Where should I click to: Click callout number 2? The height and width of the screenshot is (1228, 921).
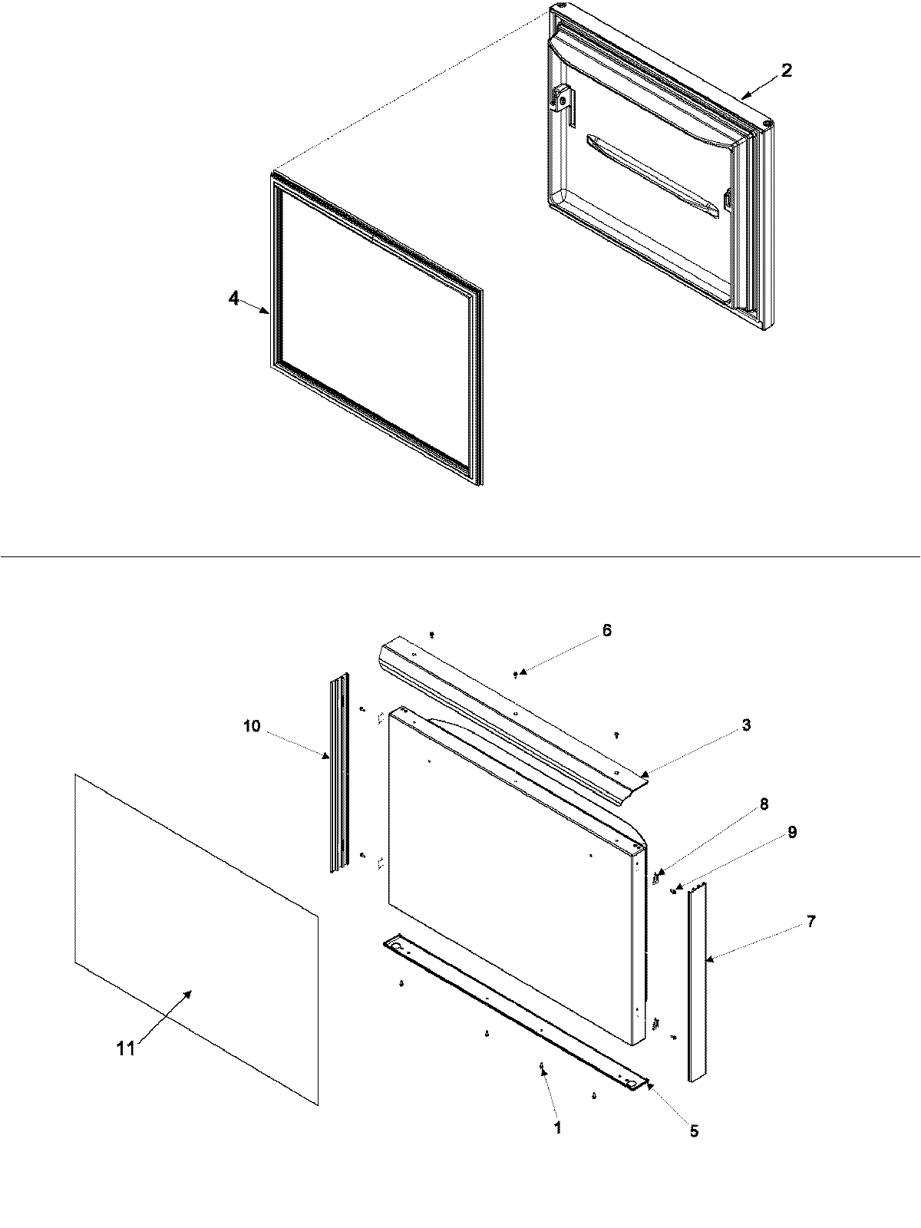pyautogui.click(x=787, y=70)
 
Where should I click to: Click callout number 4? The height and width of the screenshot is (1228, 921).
pyautogui.click(x=233, y=298)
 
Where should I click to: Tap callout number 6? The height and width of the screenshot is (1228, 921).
pyautogui.click(x=606, y=630)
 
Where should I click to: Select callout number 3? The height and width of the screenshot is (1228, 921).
pyautogui.click(x=746, y=725)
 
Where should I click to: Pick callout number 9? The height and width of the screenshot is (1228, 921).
pyautogui.click(x=792, y=832)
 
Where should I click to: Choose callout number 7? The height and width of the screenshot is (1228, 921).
pyautogui.click(x=811, y=921)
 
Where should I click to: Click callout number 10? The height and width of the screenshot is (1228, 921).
pyautogui.click(x=253, y=725)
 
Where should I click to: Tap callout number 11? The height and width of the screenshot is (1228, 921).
pyautogui.click(x=126, y=1048)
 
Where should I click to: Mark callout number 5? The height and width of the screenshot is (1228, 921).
pyautogui.click(x=694, y=1131)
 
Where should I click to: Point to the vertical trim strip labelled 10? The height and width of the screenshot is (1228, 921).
pyautogui.click(x=339, y=775)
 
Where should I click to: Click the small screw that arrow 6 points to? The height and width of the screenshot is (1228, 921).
pyautogui.click(x=516, y=674)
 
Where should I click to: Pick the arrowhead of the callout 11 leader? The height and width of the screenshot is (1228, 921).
pyautogui.click(x=189, y=992)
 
